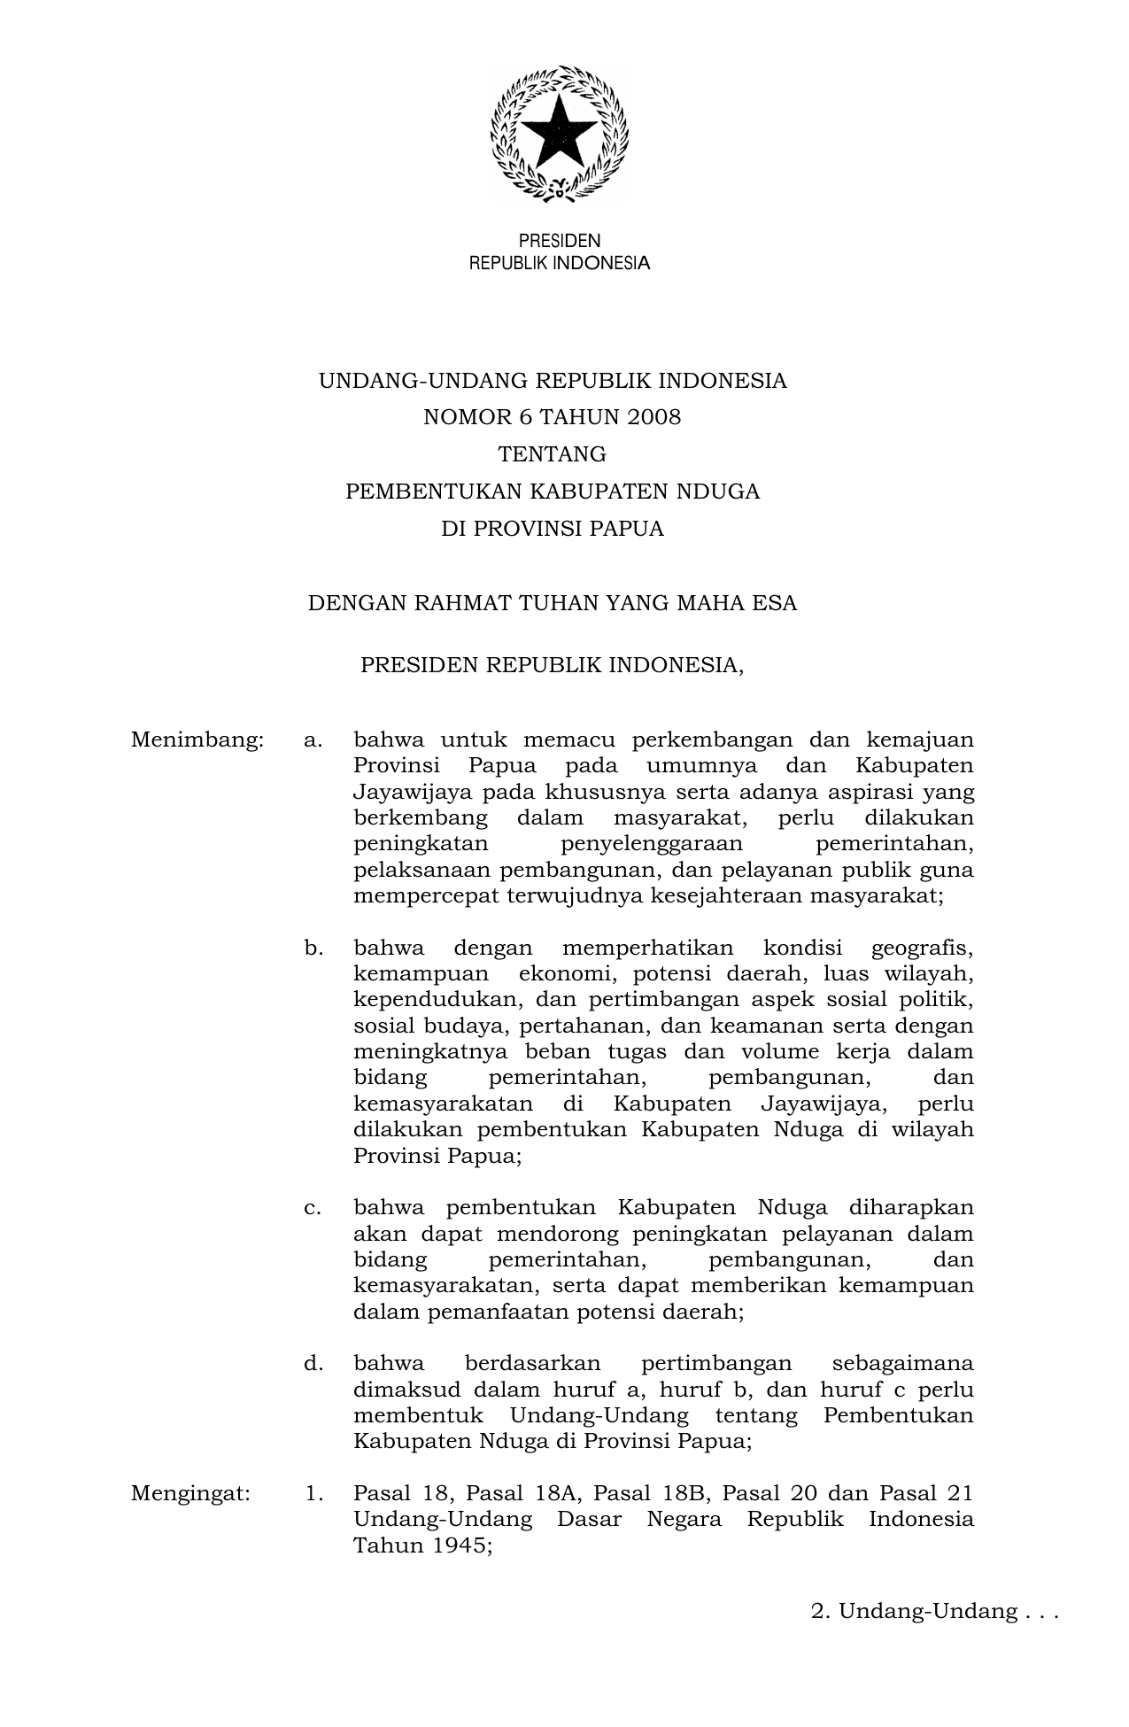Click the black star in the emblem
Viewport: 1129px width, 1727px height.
pos(559,134)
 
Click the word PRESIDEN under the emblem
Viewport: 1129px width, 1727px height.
pos(559,241)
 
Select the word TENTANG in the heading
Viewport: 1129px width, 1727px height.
pos(553,454)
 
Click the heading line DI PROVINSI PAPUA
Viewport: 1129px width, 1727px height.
pos(553,529)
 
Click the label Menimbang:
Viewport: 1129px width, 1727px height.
pos(197,740)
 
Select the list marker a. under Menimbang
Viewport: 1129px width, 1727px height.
pos(313,740)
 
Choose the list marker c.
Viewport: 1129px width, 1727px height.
pos(313,1208)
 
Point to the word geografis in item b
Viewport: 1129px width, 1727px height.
pos(922,949)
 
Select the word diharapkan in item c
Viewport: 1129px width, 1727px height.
pos(911,1208)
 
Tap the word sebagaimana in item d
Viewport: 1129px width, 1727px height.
pos(902,1363)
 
